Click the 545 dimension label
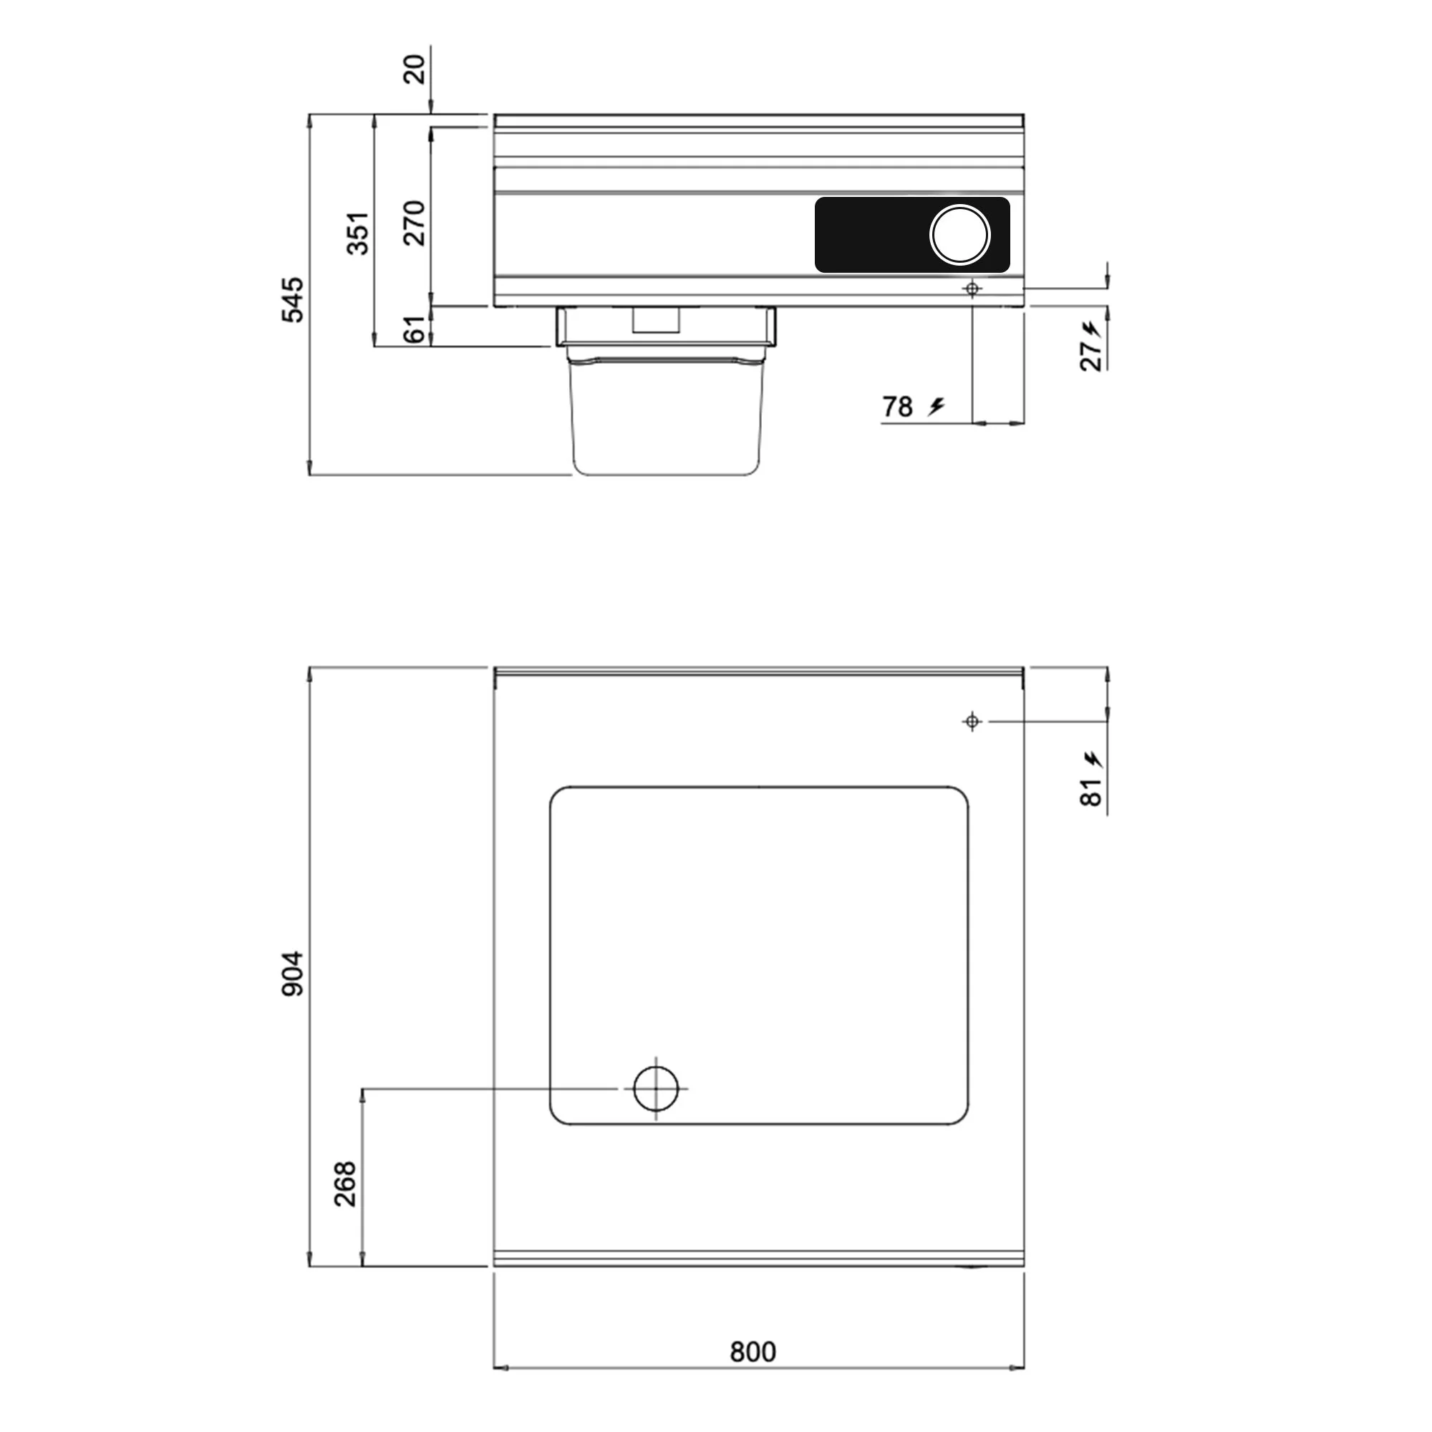(x=294, y=299)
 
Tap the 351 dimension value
(x=358, y=233)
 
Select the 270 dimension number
(x=415, y=223)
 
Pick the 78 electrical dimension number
(x=897, y=407)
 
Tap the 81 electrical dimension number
(x=1092, y=793)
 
